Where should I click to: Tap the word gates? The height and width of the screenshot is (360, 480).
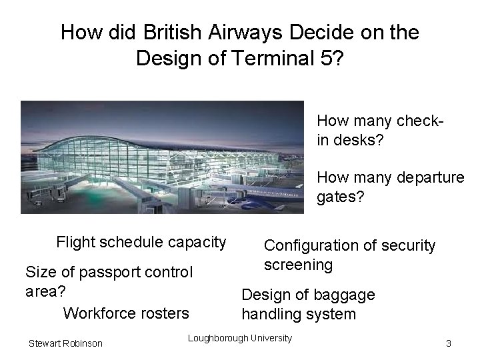coord(339,197)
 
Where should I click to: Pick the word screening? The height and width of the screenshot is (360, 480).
coord(298,265)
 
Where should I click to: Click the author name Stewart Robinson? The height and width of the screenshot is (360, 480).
coord(65,343)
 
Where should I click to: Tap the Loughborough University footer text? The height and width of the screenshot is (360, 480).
coord(240,338)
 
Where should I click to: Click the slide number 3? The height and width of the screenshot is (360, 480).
coord(449,343)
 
